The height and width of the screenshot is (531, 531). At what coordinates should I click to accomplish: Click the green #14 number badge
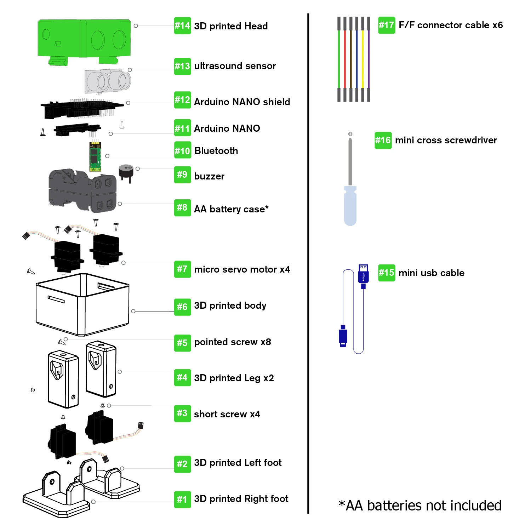[x=182, y=26]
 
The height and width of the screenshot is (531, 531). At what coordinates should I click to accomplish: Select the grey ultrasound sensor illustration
[x=108, y=81]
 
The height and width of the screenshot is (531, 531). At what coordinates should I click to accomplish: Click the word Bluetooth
[x=216, y=151]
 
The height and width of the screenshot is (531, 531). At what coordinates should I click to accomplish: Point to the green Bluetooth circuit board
[x=95, y=156]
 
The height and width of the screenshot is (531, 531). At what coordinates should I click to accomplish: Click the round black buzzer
[x=126, y=173]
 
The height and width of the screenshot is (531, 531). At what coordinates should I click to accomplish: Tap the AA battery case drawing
[x=82, y=190]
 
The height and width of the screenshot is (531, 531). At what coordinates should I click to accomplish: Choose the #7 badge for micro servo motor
[x=182, y=269]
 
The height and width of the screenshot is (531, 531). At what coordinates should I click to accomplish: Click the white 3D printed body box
[x=82, y=305]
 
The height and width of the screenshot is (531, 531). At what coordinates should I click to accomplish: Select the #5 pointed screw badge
[x=182, y=343]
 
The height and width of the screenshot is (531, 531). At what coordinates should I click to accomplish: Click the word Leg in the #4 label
[x=252, y=378]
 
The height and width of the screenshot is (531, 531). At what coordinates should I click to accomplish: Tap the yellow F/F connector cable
[x=363, y=59]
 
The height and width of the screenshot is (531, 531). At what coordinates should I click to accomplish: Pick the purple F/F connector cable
[x=369, y=59]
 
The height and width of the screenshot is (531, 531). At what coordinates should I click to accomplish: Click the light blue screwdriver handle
[x=350, y=206]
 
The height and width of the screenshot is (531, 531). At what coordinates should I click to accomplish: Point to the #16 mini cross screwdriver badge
[x=383, y=140]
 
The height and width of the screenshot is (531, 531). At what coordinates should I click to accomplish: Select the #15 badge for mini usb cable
[x=387, y=273]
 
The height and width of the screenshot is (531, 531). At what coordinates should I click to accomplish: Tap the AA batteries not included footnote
[x=420, y=506]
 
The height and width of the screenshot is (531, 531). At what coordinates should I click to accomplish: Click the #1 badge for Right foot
[x=182, y=499]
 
